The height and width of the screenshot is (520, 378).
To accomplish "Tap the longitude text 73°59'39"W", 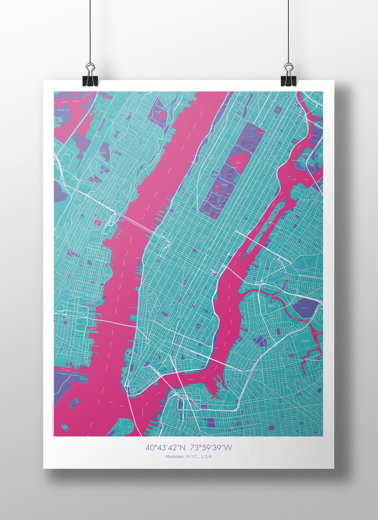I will click(x=211, y=447).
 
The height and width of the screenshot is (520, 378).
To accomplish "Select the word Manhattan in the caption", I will click(x=174, y=457).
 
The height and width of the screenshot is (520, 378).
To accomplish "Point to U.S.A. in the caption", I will click(x=207, y=457).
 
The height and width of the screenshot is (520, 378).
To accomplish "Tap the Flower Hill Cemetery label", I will click(x=103, y=153).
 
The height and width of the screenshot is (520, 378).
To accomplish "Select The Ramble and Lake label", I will click(x=224, y=186).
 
